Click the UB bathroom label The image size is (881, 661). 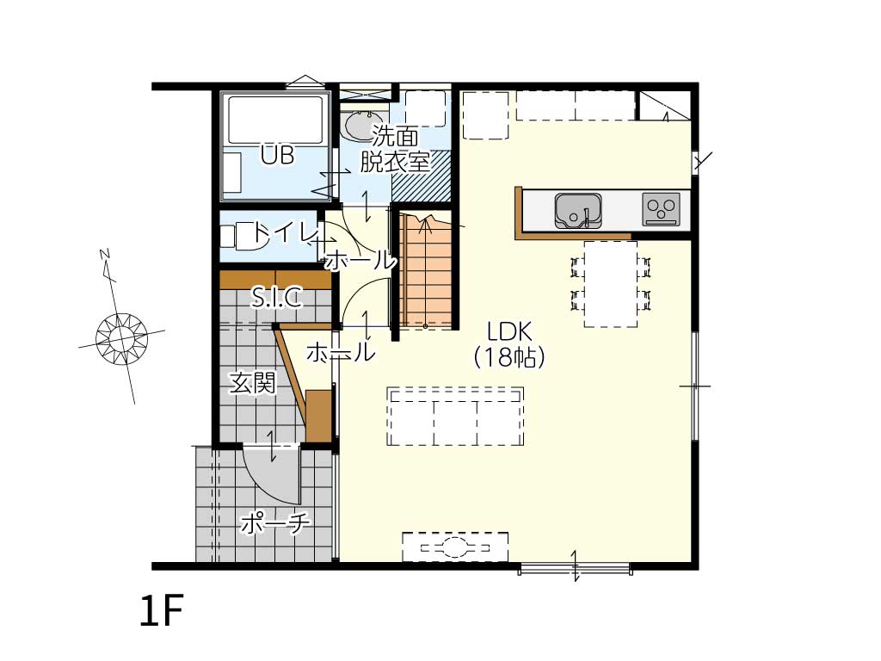pyautogui.click(x=278, y=155)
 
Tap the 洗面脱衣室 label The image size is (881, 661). pyautogui.click(x=394, y=149)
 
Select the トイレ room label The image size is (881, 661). pyautogui.click(x=282, y=232)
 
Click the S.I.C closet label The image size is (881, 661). pyautogui.click(x=276, y=297)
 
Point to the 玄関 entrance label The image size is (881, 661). pyautogui.click(x=253, y=383)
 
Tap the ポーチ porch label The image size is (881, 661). pyautogui.click(x=274, y=523)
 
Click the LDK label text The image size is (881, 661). pyautogui.click(x=509, y=332)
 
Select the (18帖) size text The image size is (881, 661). pyautogui.click(x=509, y=357)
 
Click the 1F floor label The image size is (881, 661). pyautogui.click(x=162, y=612)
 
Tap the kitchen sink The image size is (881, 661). pyautogui.click(x=577, y=211)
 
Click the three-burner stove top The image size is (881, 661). pyautogui.click(x=661, y=208)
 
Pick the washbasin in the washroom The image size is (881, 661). pyautogui.click(x=363, y=126)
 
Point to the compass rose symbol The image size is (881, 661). pyautogui.click(x=121, y=337)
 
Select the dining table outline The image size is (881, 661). pyautogui.click(x=610, y=284)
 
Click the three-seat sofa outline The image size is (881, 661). pyautogui.click(x=455, y=416)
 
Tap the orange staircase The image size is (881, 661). pyautogui.click(x=427, y=271)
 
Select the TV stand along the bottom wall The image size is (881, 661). pyautogui.click(x=455, y=547)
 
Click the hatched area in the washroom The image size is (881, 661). pyautogui.click(x=422, y=176)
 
